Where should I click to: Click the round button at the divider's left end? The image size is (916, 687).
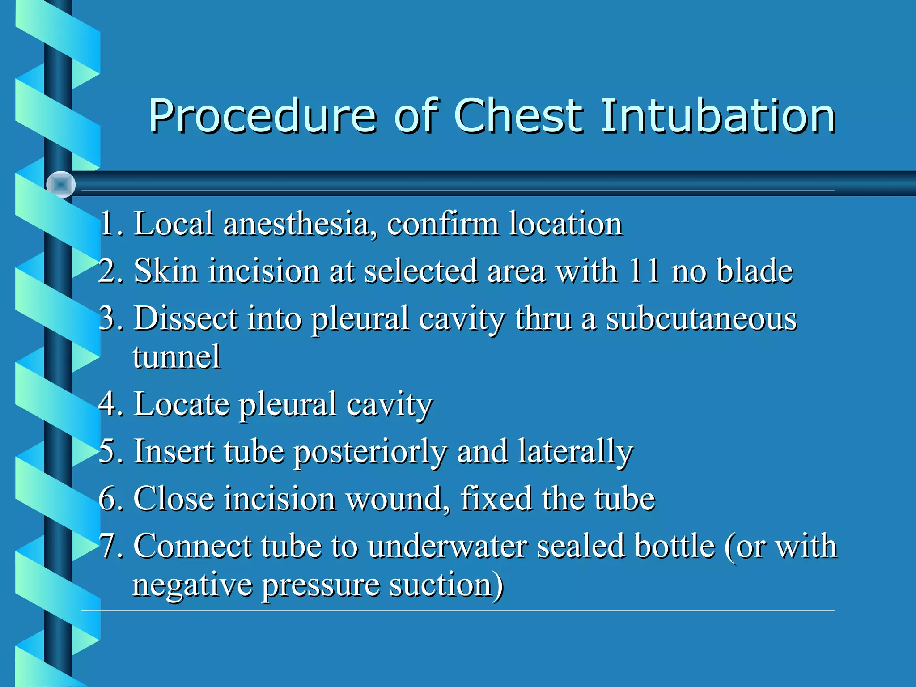click(61, 184)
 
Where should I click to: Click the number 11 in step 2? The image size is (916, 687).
click(644, 271)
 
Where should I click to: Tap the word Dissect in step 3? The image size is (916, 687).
click(186, 318)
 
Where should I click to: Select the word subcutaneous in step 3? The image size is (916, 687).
click(701, 318)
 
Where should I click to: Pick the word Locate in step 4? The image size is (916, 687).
click(181, 404)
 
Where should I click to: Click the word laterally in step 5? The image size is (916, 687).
click(576, 452)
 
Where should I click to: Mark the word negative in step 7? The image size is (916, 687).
click(192, 585)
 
